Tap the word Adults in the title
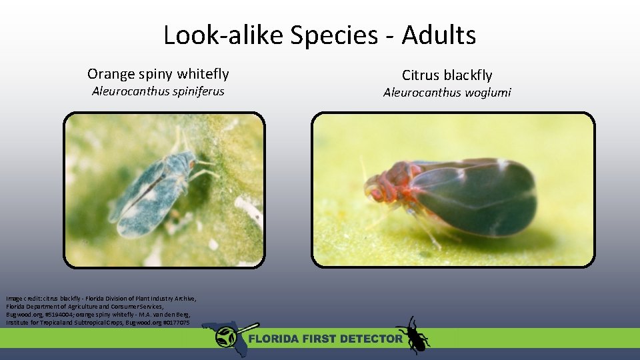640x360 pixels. tap(439, 35)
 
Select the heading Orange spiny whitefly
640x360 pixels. tap(158, 73)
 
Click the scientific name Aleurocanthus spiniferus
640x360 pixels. tap(158, 91)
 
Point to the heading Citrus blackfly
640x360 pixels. tap(447, 75)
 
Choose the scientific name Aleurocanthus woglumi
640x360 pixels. tap(447, 93)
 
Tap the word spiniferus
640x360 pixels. tap(197, 91)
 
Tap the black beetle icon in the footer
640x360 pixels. tap(413, 335)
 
